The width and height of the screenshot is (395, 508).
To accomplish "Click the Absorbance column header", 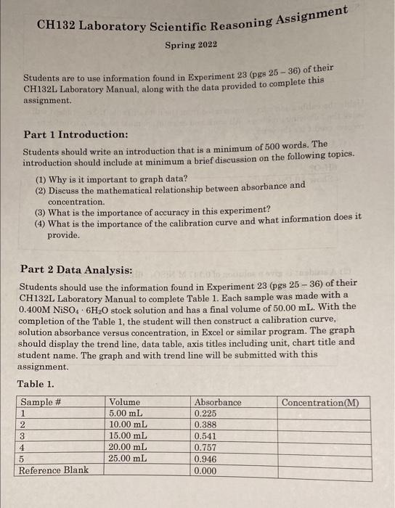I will [218, 402].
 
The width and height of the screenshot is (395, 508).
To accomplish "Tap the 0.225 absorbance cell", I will [206, 414].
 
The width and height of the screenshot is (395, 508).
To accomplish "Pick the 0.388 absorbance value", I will [206, 425].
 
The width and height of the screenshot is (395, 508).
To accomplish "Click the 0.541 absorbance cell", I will [206, 436].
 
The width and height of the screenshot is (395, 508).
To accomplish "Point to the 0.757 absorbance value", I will [206, 447].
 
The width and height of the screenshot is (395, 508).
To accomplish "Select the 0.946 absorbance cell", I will [206, 459].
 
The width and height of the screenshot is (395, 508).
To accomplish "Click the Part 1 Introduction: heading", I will [76, 135].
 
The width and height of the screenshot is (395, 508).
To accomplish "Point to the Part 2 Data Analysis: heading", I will [76, 270].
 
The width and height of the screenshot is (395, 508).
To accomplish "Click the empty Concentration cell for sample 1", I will [319, 414].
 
